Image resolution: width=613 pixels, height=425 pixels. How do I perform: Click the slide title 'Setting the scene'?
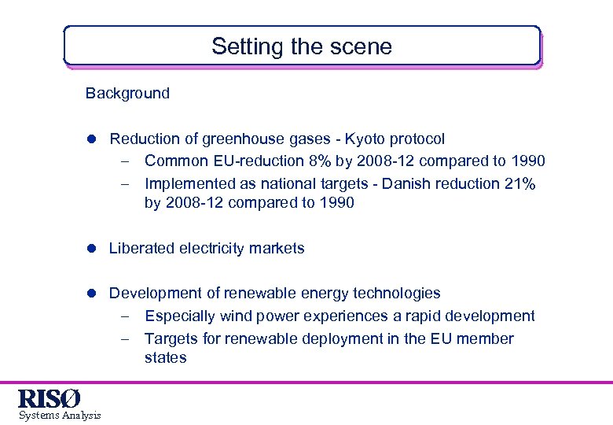(x=301, y=46)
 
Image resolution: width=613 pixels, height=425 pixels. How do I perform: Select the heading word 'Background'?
(x=127, y=94)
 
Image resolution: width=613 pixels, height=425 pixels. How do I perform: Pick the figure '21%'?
(x=519, y=183)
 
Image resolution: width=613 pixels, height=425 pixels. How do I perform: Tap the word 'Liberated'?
(x=141, y=248)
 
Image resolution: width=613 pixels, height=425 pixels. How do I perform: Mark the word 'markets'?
(x=276, y=248)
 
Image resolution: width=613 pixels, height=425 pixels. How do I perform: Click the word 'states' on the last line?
(x=165, y=358)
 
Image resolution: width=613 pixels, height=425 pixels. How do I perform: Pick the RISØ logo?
(x=50, y=397)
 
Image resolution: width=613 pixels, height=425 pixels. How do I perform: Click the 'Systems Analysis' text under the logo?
(x=60, y=415)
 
